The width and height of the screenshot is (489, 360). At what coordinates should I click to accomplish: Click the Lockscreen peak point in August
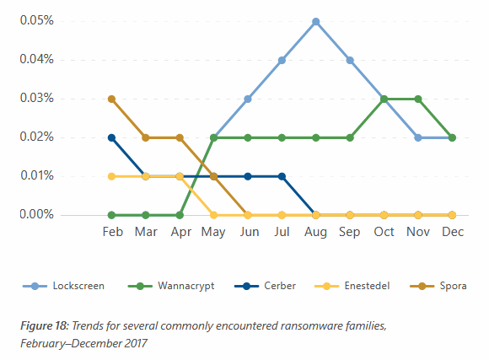pos(316,22)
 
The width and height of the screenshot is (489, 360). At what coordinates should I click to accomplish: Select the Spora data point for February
pos(111,99)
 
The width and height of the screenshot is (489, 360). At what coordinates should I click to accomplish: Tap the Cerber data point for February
pos(111,137)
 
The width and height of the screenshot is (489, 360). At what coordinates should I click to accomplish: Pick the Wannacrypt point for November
pos(418,99)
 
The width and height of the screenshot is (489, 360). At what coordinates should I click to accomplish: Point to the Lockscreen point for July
pos(282,60)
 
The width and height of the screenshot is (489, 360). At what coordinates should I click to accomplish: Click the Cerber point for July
pos(282,176)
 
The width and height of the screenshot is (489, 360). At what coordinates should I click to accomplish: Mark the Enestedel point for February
pos(111,176)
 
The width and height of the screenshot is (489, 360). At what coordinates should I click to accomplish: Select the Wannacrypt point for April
pos(180,215)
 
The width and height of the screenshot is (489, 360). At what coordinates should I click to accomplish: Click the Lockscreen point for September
pos(350,60)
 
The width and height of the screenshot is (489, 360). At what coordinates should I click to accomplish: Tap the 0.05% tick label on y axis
pos(37,20)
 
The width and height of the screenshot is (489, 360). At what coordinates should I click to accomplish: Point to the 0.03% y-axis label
pos(37,98)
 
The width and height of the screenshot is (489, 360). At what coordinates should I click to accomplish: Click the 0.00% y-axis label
pos(37,214)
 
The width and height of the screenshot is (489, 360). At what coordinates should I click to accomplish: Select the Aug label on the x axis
pos(315,232)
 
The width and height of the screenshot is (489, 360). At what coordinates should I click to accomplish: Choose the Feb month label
pos(113,232)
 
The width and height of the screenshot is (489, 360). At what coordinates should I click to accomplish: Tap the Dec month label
pos(453,232)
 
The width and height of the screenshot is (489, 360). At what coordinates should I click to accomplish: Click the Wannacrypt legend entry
pos(171,286)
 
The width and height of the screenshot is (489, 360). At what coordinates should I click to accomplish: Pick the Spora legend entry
pos(438,286)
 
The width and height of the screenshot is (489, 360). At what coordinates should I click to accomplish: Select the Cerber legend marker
pos(246,286)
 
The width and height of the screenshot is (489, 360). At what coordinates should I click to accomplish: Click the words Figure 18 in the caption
pos(45,325)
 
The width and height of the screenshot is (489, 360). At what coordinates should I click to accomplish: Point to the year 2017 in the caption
pos(136,343)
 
